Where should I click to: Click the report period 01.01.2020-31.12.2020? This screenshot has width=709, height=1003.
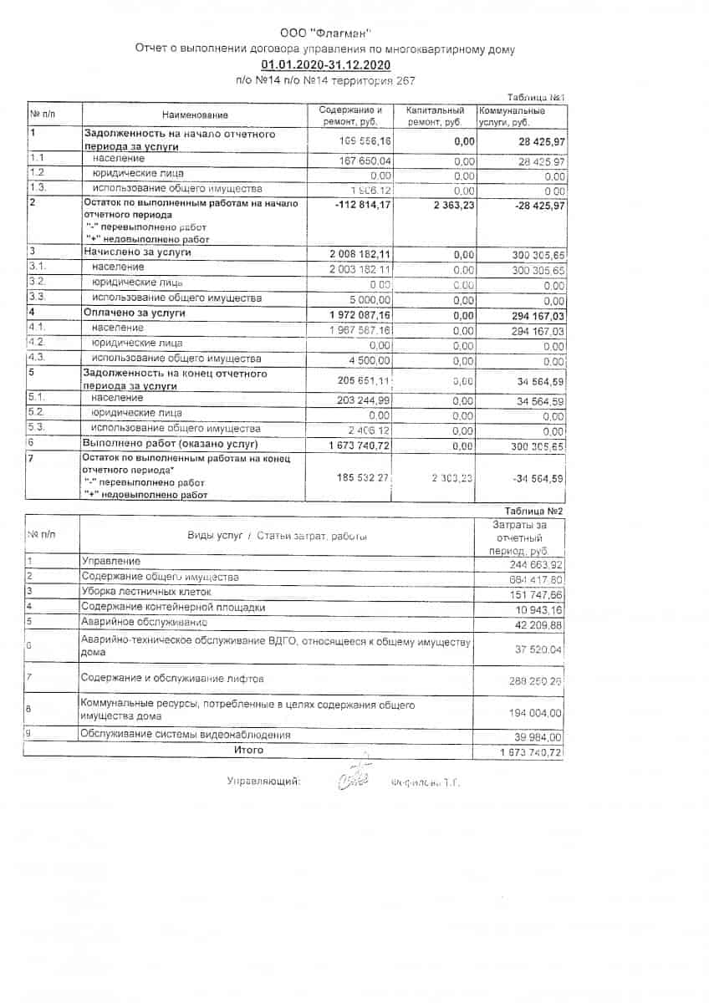324,65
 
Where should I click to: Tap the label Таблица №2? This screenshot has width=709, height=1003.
534,510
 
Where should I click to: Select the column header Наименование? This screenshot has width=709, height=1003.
195,115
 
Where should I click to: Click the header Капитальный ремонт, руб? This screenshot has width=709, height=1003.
435,116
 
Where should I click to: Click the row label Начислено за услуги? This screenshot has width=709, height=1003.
137,252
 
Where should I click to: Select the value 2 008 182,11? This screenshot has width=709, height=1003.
355,252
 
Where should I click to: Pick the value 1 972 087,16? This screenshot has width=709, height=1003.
355,313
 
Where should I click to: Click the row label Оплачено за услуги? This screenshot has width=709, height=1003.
134,313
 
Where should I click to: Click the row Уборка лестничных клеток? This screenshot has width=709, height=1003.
146,592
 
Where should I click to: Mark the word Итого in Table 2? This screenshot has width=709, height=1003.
248,751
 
